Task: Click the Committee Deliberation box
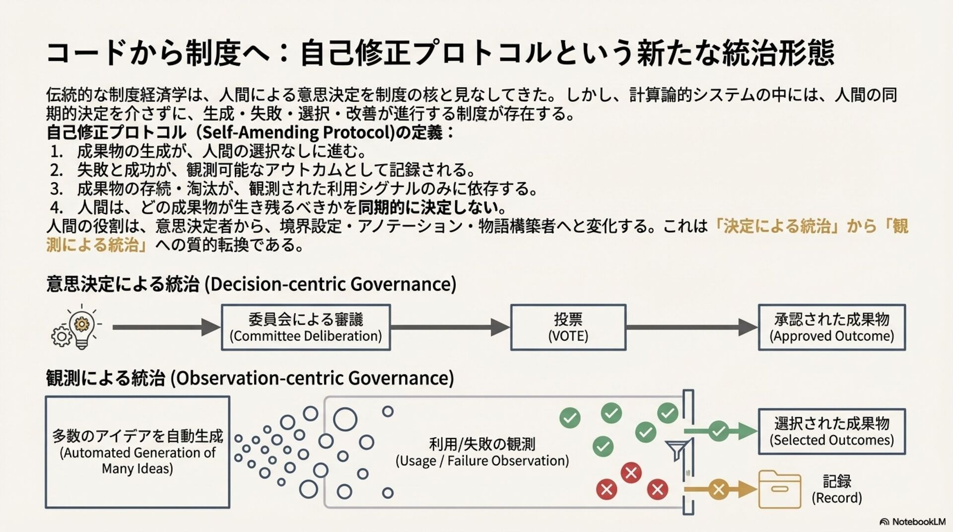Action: click(306, 328)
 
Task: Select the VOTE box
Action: click(568, 328)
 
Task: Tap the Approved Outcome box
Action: click(831, 328)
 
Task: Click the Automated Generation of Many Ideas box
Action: click(137, 452)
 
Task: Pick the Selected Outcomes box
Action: click(831, 431)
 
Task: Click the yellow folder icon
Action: click(779, 489)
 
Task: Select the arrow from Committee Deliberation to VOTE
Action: click(450, 327)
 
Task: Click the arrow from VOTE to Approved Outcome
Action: click(691, 327)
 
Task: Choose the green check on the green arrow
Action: click(718, 431)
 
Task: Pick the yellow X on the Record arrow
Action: click(718, 490)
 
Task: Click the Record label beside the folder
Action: click(837, 489)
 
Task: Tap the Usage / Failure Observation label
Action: click(482, 452)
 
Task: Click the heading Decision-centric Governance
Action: click(251, 284)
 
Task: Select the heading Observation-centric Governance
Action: click(250, 378)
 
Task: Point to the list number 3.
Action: click(56, 189)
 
